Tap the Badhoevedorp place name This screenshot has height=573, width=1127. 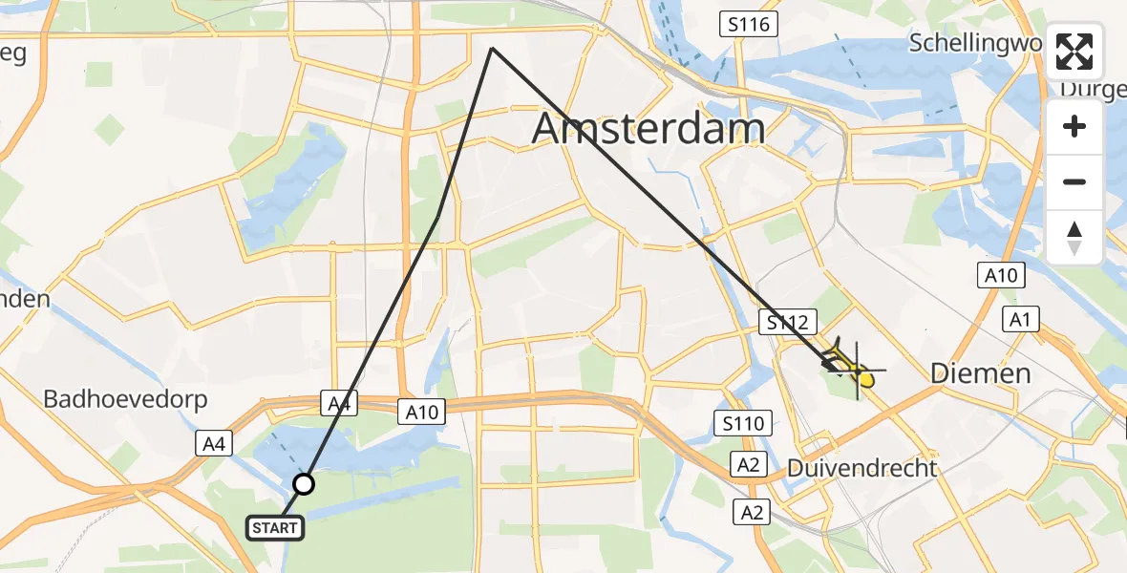pyautogui.click(x=125, y=399)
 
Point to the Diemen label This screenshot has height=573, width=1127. pyautogui.click(x=982, y=372)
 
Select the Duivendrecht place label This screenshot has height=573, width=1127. pyautogui.click(x=861, y=469)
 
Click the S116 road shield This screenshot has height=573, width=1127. pyautogui.click(x=748, y=25)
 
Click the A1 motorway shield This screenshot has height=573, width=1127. pyautogui.click(x=1020, y=319)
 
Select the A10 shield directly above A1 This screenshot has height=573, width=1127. pyautogui.click(x=1001, y=276)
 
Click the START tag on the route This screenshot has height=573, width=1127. pyautogui.click(x=276, y=527)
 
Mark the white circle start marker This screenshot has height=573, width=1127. pyautogui.click(x=304, y=484)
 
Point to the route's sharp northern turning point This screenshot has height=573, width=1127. pyautogui.click(x=492, y=49)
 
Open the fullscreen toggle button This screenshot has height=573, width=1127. pyautogui.click(x=1074, y=52)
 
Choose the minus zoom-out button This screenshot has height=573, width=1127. pyautogui.click(x=1074, y=182)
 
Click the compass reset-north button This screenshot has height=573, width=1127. pyautogui.click(x=1074, y=238)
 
